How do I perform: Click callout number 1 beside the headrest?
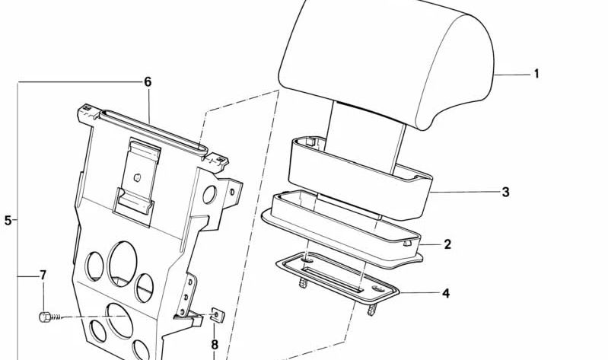[x=536, y=74]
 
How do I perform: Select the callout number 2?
[x=447, y=244]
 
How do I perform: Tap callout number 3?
[x=505, y=193]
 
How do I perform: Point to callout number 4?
[x=446, y=292]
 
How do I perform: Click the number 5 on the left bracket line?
[x=8, y=221]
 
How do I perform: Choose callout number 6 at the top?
[x=148, y=81]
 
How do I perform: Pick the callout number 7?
[x=43, y=275]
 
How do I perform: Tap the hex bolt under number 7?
[x=46, y=316]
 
